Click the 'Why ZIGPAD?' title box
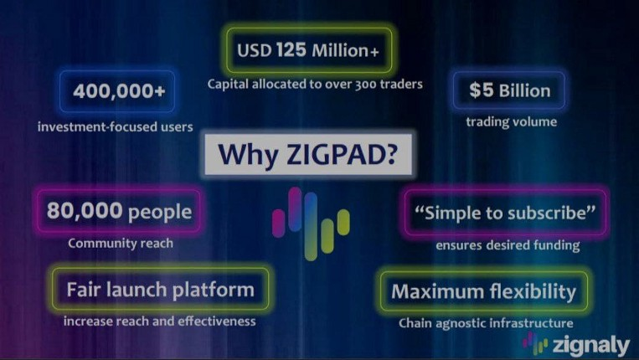(x=308, y=154)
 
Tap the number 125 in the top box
(x=291, y=50)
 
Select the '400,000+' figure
(x=119, y=91)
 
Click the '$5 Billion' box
(x=509, y=90)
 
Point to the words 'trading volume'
(x=512, y=121)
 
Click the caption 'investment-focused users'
(x=116, y=126)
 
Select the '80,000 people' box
(x=119, y=211)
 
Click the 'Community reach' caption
(x=121, y=243)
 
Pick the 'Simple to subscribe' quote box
(x=505, y=213)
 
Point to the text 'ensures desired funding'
(x=508, y=245)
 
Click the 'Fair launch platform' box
(x=161, y=290)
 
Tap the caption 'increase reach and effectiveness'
(x=160, y=321)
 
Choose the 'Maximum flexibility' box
(x=484, y=291)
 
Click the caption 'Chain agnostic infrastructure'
(x=486, y=323)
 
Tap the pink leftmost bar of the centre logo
(x=279, y=223)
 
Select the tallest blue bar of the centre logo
(x=311, y=226)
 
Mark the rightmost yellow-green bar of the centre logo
(x=343, y=222)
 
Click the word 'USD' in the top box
(x=255, y=50)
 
